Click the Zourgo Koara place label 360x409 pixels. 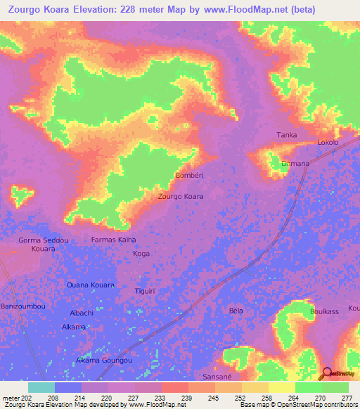181,196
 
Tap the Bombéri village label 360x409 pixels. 189,175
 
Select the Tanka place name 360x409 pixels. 287,135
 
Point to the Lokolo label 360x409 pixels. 328,142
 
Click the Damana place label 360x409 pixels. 295,164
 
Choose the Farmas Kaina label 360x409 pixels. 114,240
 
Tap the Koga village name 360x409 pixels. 141,253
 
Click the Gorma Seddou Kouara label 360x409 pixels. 44,245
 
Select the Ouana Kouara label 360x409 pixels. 90,285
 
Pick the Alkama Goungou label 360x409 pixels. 104,360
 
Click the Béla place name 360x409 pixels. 236,310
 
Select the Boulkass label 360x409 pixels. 324,311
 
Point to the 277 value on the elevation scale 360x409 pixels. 346,398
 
